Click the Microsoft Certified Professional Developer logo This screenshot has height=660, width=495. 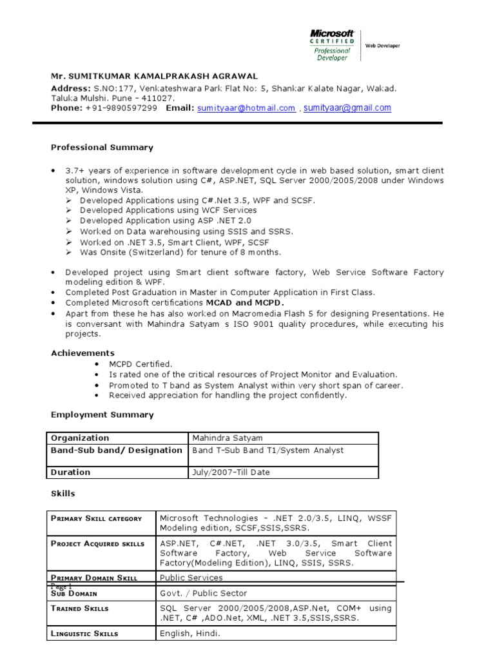333,44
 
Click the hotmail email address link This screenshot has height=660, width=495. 246,108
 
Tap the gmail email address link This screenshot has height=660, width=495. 347,108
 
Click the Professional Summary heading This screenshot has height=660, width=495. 102,148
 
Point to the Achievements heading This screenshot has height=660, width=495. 82,353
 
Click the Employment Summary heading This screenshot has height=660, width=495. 102,414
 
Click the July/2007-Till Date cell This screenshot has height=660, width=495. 231,472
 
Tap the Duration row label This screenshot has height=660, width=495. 71,472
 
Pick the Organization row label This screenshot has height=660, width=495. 80,438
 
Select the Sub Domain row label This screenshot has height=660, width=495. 73,593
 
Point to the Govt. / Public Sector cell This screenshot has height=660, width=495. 203,593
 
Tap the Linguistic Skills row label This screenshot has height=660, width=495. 84,634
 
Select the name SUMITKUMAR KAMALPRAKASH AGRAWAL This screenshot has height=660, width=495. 154,76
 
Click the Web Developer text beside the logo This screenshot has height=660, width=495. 383,46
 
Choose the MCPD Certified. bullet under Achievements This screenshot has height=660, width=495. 141,364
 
